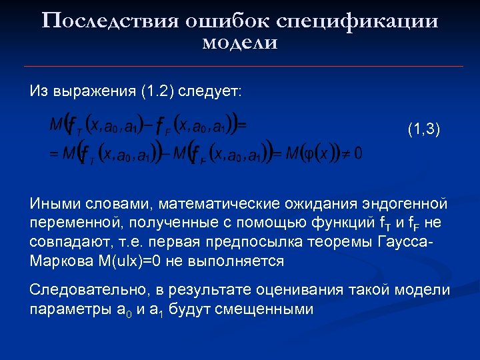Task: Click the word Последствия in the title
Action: tap(109, 21)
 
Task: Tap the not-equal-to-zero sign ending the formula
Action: tap(353, 154)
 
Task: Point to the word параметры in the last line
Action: tap(62, 310)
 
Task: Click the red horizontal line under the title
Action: tap(240, 67)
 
